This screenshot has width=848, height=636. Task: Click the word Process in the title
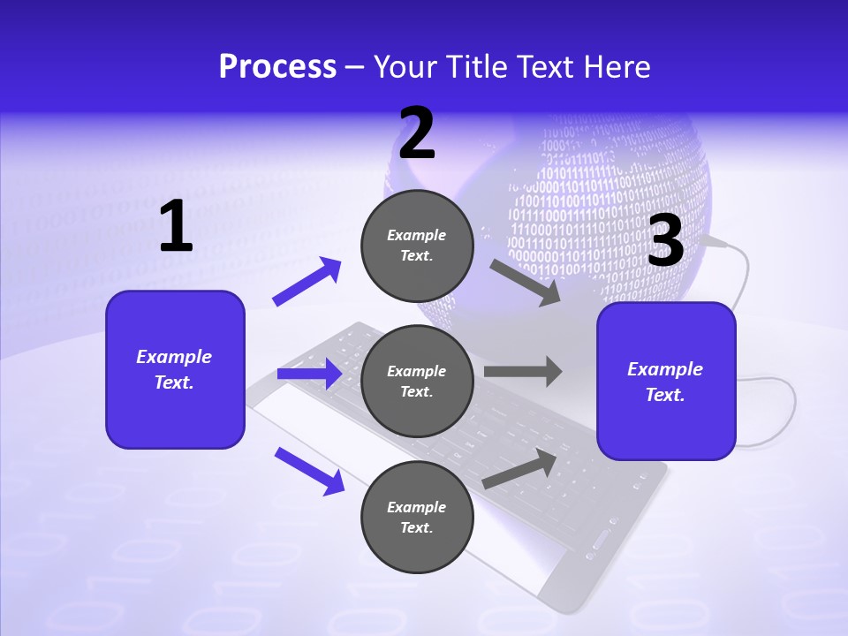click(x=277, y=66)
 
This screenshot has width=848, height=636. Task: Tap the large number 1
click(x=176, y=227)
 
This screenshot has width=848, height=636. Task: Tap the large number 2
click(x=417, y=133)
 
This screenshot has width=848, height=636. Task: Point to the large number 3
click(x=666, y=240)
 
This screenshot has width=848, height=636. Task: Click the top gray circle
click(x=417, y=246)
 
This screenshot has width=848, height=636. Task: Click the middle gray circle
click(x=417, y=381)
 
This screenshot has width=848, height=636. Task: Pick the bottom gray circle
click(x=417, y=517)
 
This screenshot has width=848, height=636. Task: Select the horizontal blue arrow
click(x=309, y=374)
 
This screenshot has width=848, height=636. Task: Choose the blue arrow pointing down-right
click(x=310, y=471)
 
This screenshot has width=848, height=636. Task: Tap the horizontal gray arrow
click(x=523, y=372)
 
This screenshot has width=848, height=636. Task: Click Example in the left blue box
click(x=174, y=357)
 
